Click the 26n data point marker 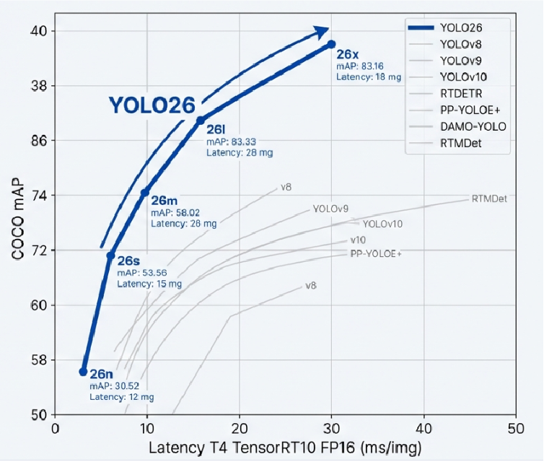[x=83, y=371]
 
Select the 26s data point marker [x=110, y=255]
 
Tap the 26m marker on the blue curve [x=145, y=193]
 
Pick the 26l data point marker [x=200, y=120]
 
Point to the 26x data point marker [x=331, y=44]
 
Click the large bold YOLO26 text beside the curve [x=152, y=105]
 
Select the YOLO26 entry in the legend [x=461, y=27]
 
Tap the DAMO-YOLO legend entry [x=472, y=126]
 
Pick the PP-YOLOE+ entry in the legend [x=470, y=110]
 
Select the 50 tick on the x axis [x=515, y=427]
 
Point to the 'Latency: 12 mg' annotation [x=121, y=397]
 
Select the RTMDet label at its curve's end [x=488, y=198]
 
